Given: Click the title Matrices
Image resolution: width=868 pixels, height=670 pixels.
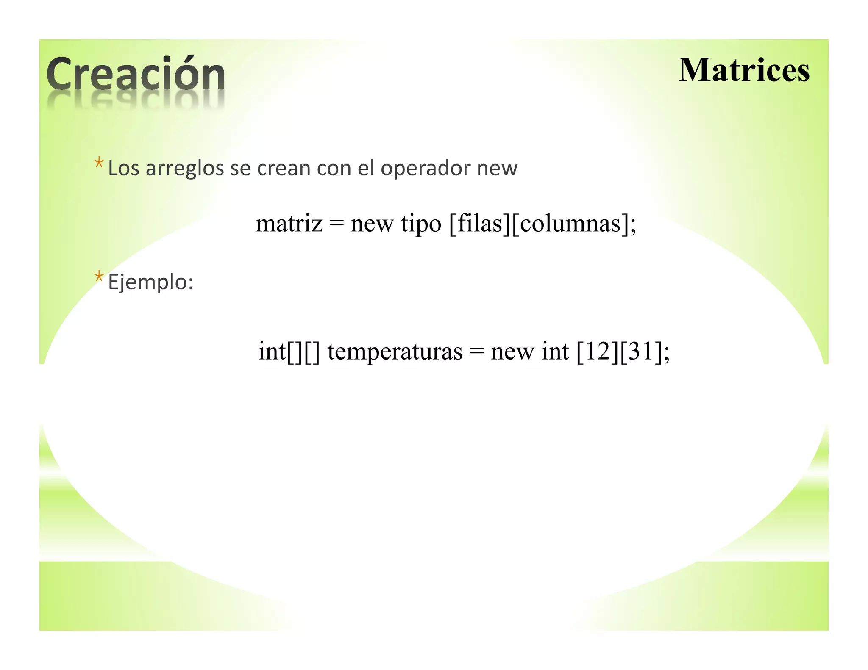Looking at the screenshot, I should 744,70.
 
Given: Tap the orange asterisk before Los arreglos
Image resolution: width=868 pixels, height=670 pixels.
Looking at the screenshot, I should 99,163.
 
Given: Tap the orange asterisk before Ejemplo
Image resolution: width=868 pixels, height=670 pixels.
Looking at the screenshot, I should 99,277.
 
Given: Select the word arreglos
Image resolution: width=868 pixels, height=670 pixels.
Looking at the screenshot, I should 185,169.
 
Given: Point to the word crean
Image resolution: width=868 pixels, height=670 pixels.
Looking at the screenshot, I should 284,169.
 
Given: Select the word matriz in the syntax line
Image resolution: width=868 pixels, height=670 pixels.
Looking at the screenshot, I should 289,223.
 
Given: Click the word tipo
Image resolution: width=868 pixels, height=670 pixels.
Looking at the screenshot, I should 421,224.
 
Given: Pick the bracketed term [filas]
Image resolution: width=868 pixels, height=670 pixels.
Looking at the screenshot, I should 479,223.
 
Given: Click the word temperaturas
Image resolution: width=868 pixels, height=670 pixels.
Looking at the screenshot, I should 395,352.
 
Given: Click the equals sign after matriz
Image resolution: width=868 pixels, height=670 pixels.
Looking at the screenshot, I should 336,224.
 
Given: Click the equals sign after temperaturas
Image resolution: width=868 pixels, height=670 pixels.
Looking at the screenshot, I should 476,352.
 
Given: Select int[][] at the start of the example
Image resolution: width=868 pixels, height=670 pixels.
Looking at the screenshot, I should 289,351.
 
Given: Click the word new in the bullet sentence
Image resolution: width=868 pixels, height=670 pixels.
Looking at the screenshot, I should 497,169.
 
